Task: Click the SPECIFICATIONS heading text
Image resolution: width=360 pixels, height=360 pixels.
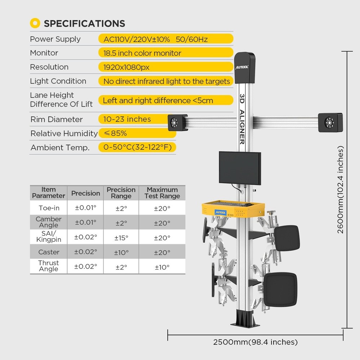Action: pos(84,24)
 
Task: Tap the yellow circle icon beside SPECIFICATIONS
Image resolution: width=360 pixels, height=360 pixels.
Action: pos(35,24)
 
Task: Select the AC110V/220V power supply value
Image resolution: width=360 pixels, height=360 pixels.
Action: pos(156,39)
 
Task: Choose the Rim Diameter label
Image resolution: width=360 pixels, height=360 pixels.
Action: pos(56,119)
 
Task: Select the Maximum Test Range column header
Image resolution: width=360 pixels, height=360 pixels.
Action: pos(162,193)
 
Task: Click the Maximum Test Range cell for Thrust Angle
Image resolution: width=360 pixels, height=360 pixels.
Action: pos(162,267)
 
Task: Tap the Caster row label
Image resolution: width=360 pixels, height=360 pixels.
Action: pos(49,252)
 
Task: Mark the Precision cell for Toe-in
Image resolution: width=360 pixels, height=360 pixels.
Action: pos(85,208)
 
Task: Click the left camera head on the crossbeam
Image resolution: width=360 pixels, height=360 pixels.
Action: pos(177,122)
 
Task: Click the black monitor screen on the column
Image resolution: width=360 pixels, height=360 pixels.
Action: pos(240,167)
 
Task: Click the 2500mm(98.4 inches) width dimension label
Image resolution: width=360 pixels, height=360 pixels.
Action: pos(255,342)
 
